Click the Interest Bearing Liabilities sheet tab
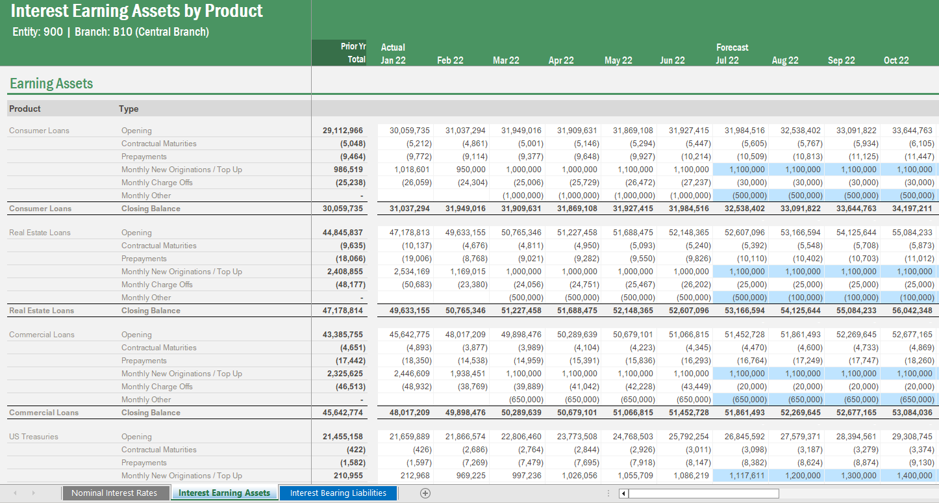click(x=338, y=493)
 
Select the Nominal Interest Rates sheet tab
click(x=114, y=493)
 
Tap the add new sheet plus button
click(x=425, y=493)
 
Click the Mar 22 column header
click(x=506, y=60)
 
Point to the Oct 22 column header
click(x=896, y=60)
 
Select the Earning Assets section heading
click(x=51, y=84)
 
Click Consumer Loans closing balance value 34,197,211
click(x=907, y=209)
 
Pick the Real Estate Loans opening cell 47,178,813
click(x=409, y=233)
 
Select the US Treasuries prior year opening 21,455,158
click(x=343, y=437)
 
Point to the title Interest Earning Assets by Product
click(x=137, y=11)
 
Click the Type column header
click(x=129, y=109)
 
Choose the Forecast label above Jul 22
click(x=732, y=47)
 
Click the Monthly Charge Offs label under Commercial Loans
click(x=156, y=387)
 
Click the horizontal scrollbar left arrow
click(x=623, y=494)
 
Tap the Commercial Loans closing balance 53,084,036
click(x=907, y=413)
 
